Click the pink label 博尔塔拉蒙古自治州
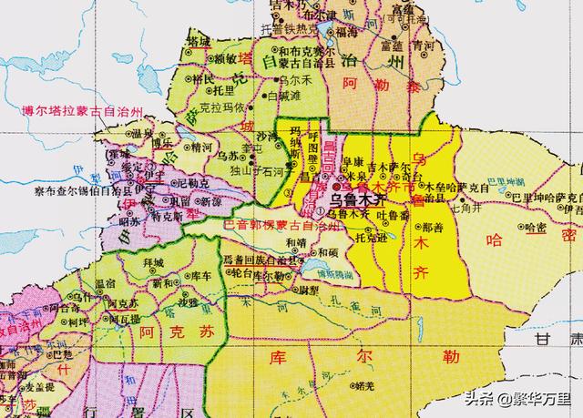84,111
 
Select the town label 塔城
198,42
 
